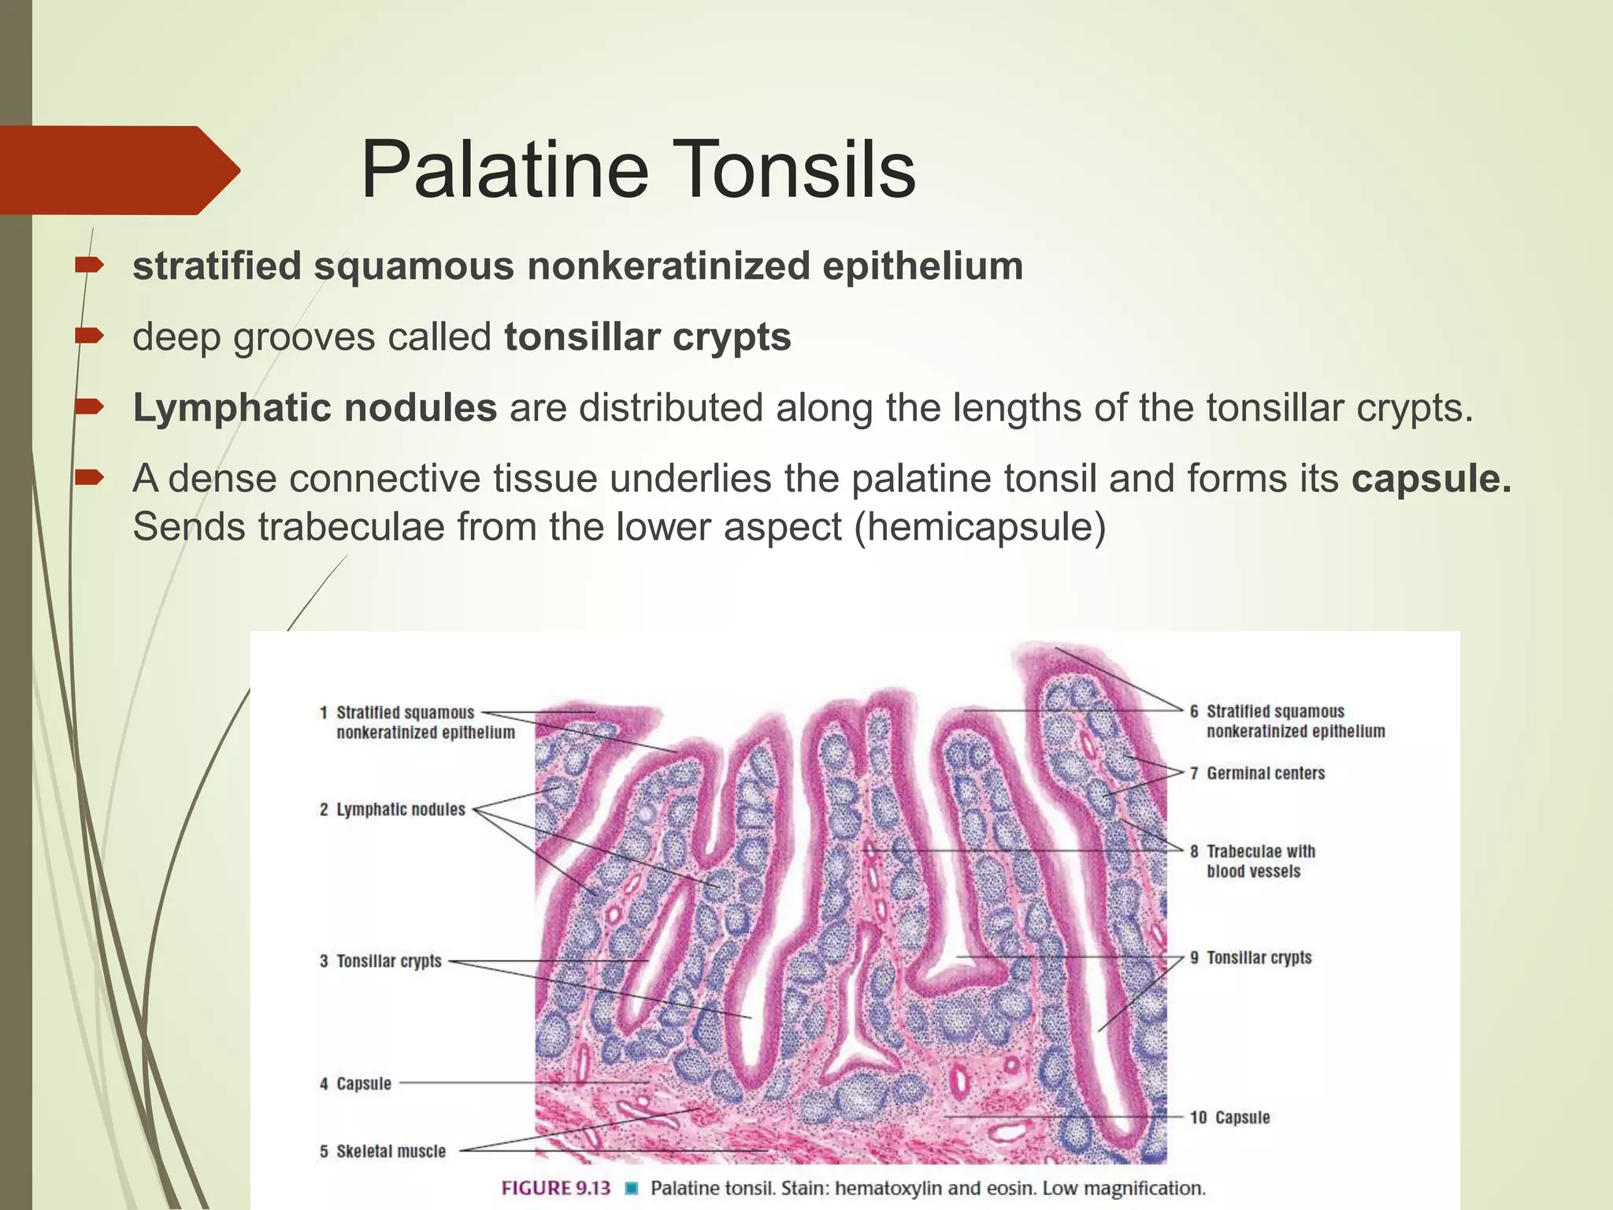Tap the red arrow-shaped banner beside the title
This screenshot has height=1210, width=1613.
click(118, 170)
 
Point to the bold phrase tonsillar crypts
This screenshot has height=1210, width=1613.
click(647, 337)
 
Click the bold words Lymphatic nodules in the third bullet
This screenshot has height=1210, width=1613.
click(314, 408)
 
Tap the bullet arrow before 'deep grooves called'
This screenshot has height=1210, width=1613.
click(88, 336)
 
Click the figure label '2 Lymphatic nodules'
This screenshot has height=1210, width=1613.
click(392, 810)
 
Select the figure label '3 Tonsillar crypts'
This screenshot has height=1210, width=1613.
click(380, 961)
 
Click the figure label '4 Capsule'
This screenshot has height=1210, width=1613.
click(355, 1083)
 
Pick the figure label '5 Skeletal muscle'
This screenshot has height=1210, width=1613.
click(383, 1151)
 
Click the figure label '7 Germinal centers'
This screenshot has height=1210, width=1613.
click(1257, 774)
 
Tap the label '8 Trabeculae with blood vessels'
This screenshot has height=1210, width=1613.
click(1253, 861)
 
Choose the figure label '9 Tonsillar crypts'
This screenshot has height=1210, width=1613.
click(1251, 957)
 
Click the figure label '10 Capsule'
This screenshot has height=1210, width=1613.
click(1229, 1117)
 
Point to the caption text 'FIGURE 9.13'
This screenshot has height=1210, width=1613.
click(556, 1188)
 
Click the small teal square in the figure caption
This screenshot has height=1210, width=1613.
click(631, 1188)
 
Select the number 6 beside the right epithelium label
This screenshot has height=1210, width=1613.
click(1194, 711)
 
